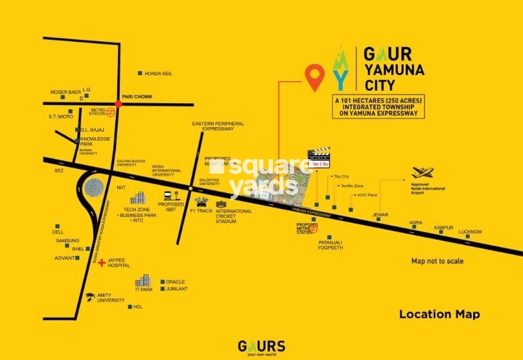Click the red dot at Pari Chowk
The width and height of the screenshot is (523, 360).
[118, 104]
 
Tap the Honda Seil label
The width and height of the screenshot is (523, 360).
[158, 73]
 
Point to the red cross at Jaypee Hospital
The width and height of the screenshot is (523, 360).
[101, 263]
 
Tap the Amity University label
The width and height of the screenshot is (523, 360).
[110, 298]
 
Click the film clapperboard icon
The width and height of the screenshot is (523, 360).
[319, 154]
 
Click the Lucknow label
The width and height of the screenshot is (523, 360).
[470, 232]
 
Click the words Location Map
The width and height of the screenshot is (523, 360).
[439, 314]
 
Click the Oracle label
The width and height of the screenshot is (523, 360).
[176, 281]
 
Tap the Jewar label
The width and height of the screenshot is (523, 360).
[381, 214]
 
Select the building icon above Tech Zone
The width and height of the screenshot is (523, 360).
[138, 198]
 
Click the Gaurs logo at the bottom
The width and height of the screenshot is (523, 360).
[261, 346]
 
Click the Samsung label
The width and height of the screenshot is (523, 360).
[67, 240]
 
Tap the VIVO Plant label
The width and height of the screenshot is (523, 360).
[368, 195]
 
